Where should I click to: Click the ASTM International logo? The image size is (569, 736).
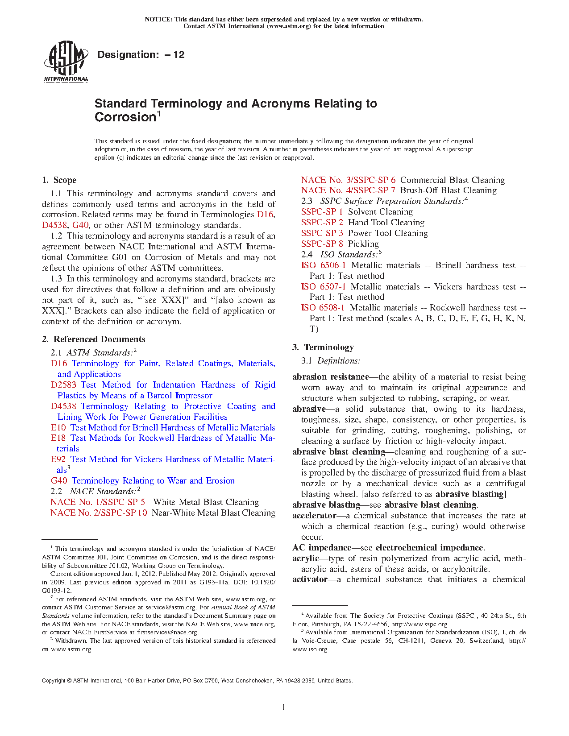[x=66, y=62]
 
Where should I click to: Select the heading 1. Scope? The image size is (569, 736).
[x=59, y=180]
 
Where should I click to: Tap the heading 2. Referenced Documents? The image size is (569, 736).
[x=94, y=339]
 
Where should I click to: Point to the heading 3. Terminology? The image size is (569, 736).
[x=323, y=347]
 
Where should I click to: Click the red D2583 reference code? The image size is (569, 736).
[x=63, y=385]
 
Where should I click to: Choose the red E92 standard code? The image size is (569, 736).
[x=58, y=459]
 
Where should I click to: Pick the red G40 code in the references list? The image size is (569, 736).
[x=59, y=481]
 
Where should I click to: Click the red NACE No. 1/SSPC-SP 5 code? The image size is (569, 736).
[x=98, y=502]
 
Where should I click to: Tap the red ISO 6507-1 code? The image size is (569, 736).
[x=323, y=287]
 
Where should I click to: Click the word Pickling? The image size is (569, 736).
[x=363, y=244]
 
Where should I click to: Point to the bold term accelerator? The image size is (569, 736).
[x=314, y=516]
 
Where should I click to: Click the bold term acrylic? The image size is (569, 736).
[x=306, y=558]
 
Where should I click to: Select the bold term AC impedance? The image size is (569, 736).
[x=322, y=548]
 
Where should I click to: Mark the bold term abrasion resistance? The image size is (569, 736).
[x=331, y=377]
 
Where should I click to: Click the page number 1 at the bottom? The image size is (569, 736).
[x=284, y=707]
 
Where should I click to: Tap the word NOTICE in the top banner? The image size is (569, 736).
[x=158, y=20]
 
